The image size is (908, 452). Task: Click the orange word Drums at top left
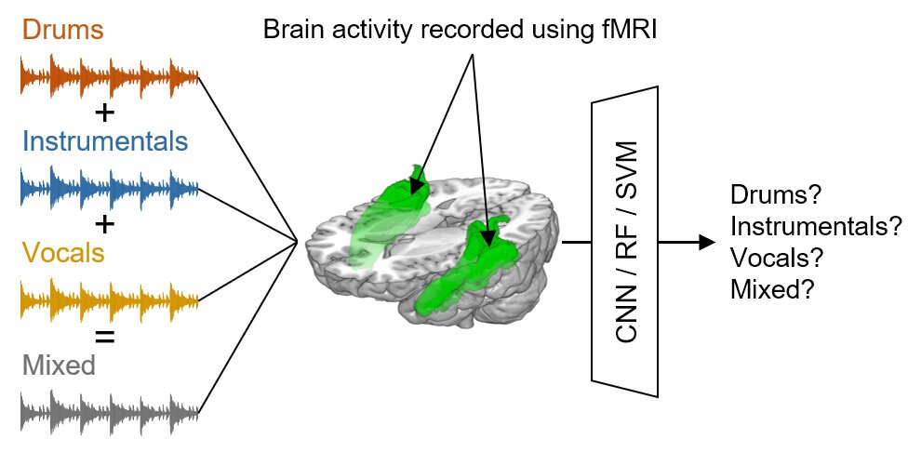tap(63, 30)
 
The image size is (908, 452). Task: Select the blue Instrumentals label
tap(105, 140)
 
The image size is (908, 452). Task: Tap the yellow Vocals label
tap(63, 252)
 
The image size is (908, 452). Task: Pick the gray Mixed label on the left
tap(59, 365)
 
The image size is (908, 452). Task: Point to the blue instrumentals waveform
tap(110, 189)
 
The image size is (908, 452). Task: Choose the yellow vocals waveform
tap(110, 301)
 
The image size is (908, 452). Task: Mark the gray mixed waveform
tap(110, 412)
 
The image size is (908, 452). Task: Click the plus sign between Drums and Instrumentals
tap(104, 113)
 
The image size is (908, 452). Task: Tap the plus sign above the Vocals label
tap(104, 224)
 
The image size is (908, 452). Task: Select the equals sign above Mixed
tap(104, 337)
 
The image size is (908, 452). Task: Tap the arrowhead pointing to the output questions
tap(707, 242)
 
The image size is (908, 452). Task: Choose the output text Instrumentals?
tap(816, 227)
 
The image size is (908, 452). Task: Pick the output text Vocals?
tap(777, 259)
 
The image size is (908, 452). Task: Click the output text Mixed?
tap(769, 289)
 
